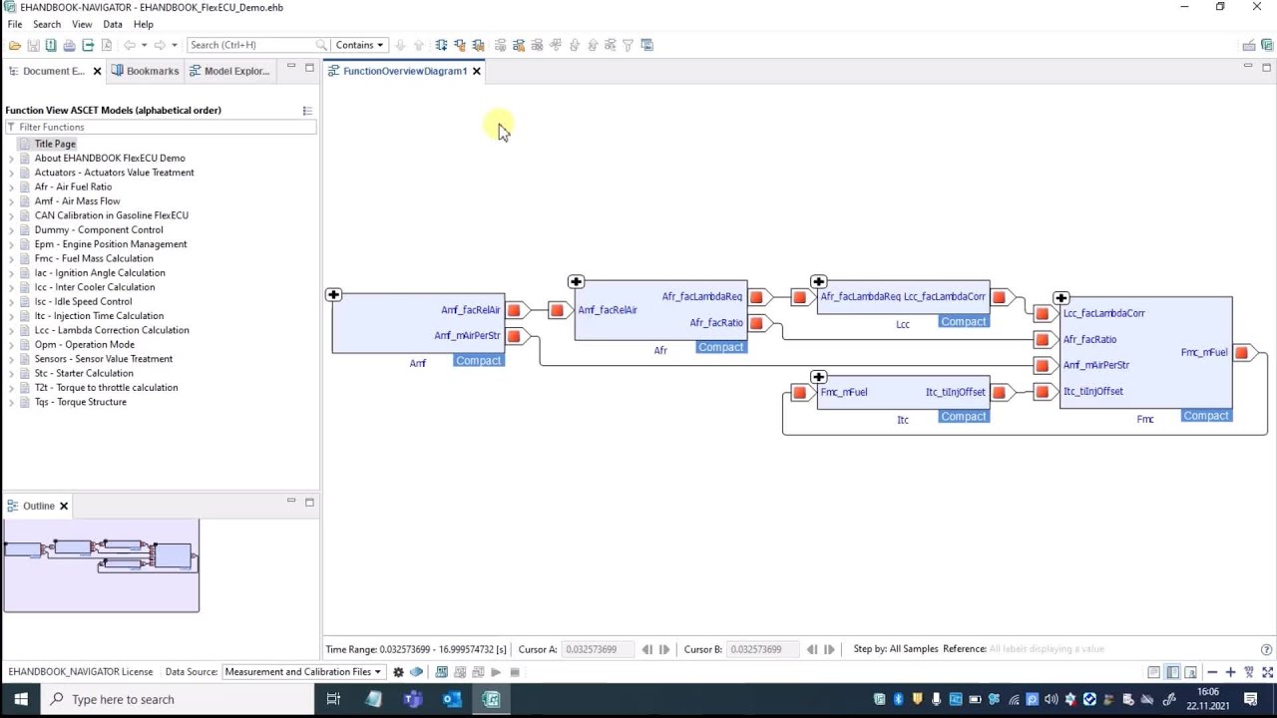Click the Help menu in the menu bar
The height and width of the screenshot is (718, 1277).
pyautogui.click(x=144, y=24)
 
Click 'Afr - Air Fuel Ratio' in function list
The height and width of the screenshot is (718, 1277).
pyautogui.click(x=73, y=186)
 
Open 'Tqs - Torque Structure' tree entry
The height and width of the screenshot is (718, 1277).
pyautogui.click(x=80, y=402)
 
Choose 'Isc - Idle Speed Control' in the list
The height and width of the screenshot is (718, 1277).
pyautogui.click(x=83, y=301)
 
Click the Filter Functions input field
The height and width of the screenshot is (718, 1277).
pyautogui.click(x=165, y=127)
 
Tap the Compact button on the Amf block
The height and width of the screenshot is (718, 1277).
pyautogui.click(x=478, y=360)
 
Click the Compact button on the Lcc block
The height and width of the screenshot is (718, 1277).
pyautogui.click(x=963, y=321)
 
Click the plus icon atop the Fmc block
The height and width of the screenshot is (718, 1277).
pyautogui.click(x=1061, y=298)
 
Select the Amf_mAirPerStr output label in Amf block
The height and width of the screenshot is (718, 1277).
pyautogui.click(x=467, y=336)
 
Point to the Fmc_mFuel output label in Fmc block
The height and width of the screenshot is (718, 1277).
pyautogui.click(x=1203, y=352)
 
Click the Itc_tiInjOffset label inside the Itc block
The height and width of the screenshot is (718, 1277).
pyautogui.click(x=955, y=392)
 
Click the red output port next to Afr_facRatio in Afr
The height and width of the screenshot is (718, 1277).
pyautogui.click(x=756, y=323)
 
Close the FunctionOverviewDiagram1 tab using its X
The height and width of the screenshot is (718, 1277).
pyautogui.click(x=477, y=71)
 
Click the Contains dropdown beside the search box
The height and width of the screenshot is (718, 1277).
pyautogui.click(x=359, y=45)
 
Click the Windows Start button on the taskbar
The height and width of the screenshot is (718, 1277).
pyautogui.click(x=20, y=699)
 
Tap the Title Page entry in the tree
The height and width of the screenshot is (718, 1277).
pyautogui.click(x=55, y=144)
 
